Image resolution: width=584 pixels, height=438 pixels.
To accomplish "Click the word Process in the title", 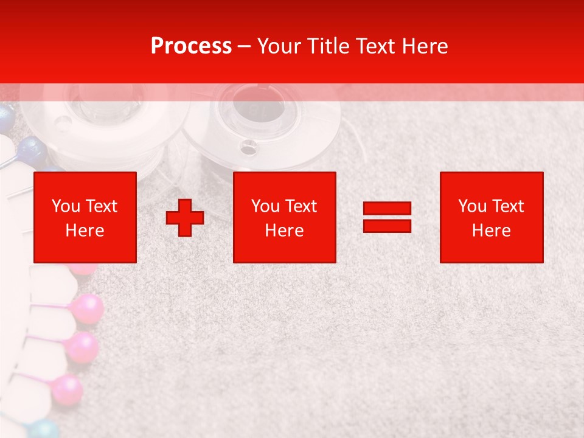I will (191, 46).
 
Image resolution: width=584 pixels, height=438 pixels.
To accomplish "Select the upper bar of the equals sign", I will (387, 209).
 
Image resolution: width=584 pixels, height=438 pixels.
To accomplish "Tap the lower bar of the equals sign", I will (387, 226).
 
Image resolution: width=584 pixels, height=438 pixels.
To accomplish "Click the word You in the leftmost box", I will (65, 206).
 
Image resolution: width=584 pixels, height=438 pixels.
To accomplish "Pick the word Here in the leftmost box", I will (85, 231).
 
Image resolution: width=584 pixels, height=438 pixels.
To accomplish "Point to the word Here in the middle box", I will (284, 231).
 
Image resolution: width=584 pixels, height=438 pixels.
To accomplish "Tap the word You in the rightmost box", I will (472, 206).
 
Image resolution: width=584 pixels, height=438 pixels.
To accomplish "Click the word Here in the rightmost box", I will (491, 231).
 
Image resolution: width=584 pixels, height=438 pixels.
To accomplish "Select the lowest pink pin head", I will (66, 388).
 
